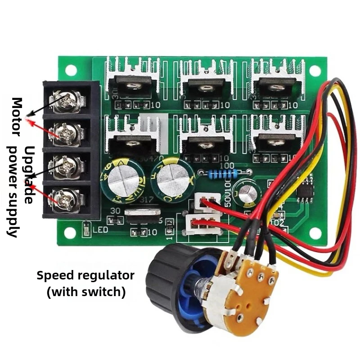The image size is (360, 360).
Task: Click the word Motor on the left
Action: [x=17, y=117]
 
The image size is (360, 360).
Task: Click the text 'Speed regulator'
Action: [x=85, y=275]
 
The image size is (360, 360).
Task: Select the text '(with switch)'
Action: [x=86, y=292]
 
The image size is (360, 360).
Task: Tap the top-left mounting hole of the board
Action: [x=71, y=71]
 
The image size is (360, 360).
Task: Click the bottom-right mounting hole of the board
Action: [x=315, y=233]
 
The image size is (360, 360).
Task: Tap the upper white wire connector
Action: [x=207, y=201]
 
